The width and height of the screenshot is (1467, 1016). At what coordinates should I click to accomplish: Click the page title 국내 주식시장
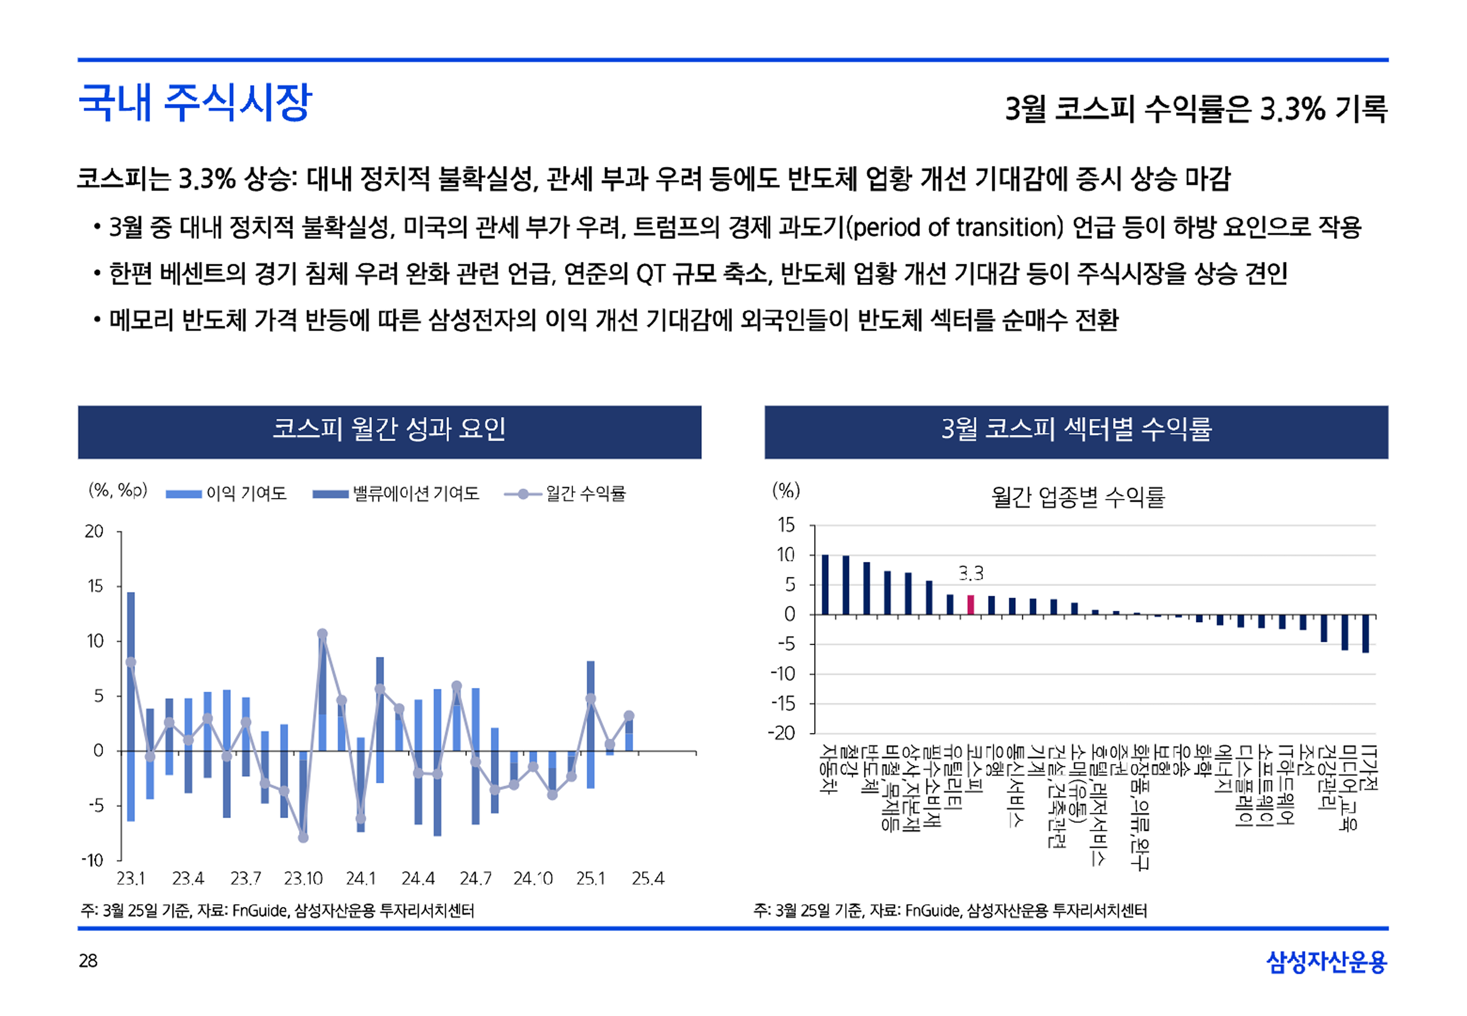(x=195, y=102)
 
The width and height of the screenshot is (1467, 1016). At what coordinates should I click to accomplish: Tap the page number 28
(x=88, y=961)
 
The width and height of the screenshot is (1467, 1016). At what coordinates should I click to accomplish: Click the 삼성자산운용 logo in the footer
(x=1326, y=961)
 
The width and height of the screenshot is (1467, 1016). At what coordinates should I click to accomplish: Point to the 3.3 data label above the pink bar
(x=971, y=574)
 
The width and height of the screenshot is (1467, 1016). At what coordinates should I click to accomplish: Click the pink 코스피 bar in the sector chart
(x=971, y=604)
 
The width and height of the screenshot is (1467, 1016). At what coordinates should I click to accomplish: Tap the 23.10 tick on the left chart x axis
(x=303, y=879)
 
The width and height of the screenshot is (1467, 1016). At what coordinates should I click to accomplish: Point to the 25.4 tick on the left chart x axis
(x=648, y=879)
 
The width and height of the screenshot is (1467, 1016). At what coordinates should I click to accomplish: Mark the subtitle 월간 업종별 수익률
(x=1077, y=497)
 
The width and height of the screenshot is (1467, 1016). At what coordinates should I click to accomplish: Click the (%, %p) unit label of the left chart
(x=118, y=490)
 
